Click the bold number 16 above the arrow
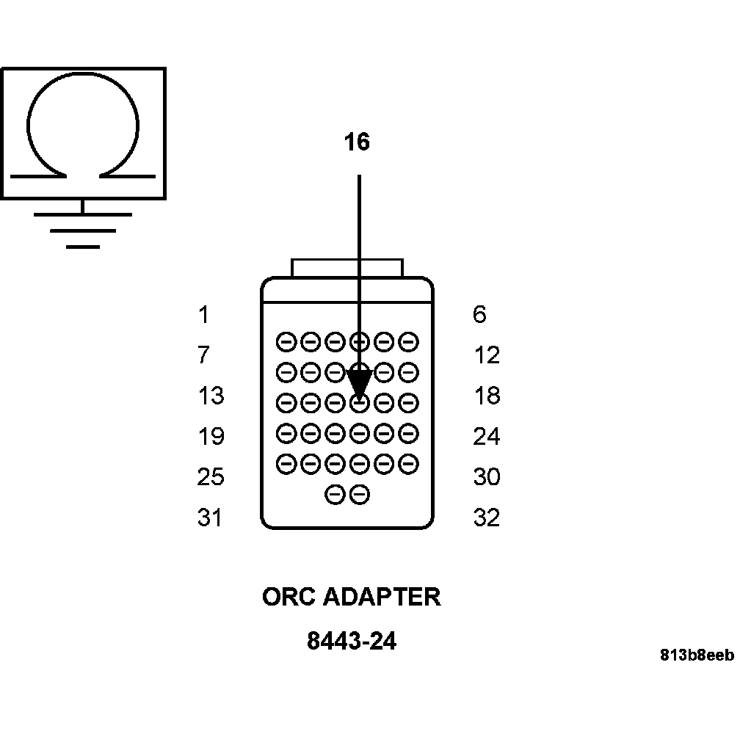[x=358, y=142]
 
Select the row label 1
[x=203, y=316]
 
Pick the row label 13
[x=210, y=396]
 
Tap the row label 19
[x=210, y=437]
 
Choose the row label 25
[x=210, y=477]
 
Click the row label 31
[x=210, y=518]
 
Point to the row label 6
[x=479, y=316]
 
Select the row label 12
[x=486, y=356]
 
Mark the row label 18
[x=486, y=396]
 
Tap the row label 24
[x=486, y=437]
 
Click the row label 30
[x=486, y=477]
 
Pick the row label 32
[x=486, y=518]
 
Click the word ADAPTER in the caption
[x=382, y=597]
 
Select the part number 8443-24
[x=352, y=642]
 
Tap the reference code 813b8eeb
[x=697, y=655]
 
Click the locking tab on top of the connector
[x=347, y=267]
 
